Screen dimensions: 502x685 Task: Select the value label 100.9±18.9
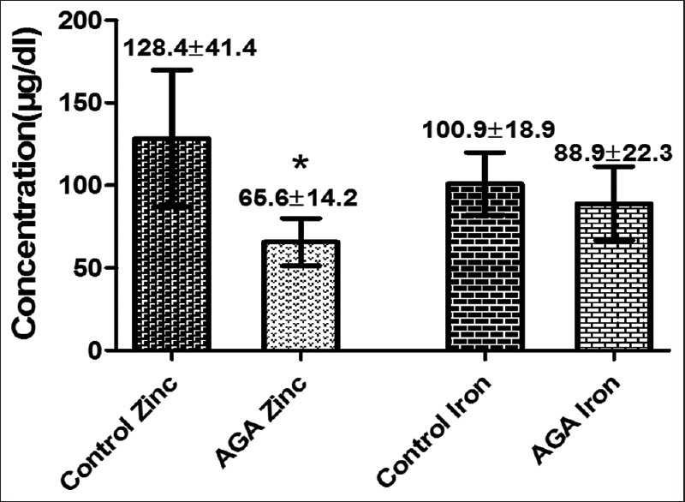click(489, 130)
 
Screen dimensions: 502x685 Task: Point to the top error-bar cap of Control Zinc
click(172, 69)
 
